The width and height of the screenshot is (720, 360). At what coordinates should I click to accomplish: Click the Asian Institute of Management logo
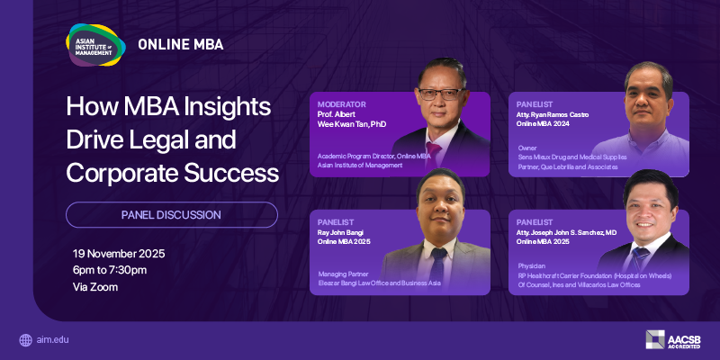[94, 44]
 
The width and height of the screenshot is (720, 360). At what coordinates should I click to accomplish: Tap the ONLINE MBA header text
[180, 44]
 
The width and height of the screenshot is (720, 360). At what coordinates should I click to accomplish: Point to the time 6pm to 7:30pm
[110, 270]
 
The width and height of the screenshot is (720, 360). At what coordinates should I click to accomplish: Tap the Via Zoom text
[94, 287]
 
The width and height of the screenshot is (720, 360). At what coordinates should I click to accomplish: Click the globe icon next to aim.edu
[25, 339]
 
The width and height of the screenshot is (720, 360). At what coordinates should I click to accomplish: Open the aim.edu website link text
[53, 339]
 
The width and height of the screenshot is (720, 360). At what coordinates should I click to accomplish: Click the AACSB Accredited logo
[670, 339]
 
